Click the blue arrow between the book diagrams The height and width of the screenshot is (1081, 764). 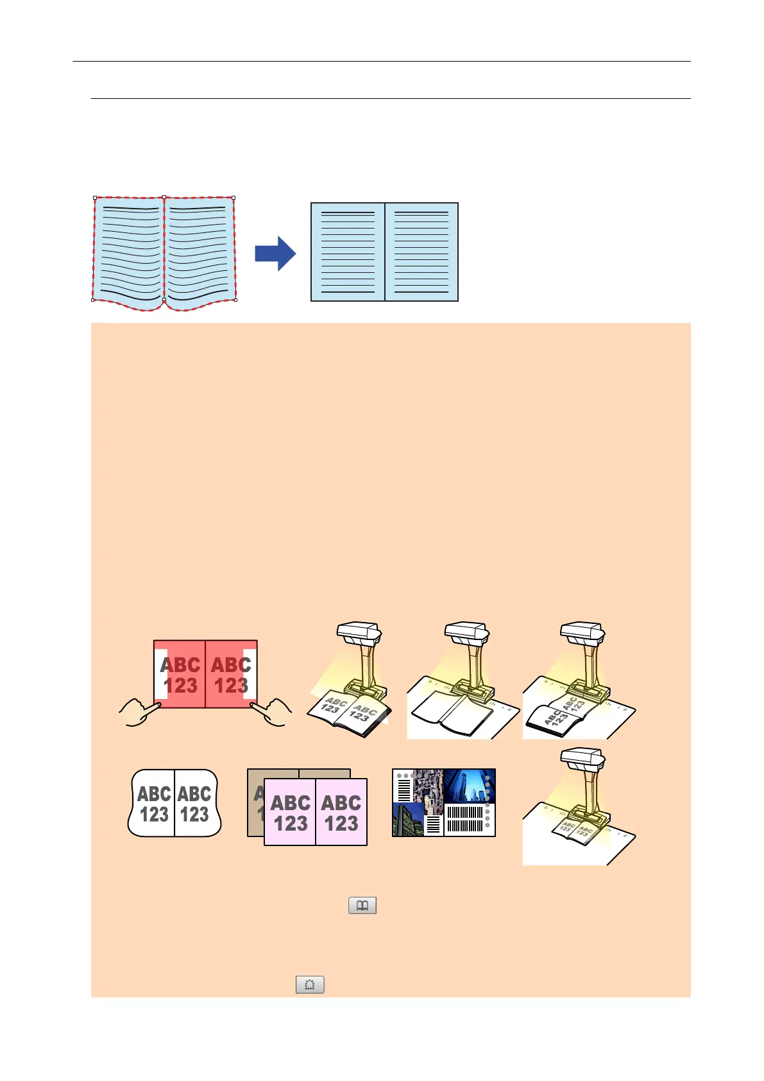[x=275, y=253]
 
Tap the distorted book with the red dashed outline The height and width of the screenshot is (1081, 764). [x=164, y=253]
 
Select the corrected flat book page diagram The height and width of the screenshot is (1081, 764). [x=384, y=252]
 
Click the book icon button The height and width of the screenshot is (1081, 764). [x=362, y=905]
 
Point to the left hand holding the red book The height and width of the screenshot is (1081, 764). [x=139, y=714]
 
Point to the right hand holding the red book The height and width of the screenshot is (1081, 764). [x=272, y=714]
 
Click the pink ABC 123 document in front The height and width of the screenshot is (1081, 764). [x=316, y=813]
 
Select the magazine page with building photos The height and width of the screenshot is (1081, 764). [x=444, y=802]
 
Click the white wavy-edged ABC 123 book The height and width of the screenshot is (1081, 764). [x=174, y=803]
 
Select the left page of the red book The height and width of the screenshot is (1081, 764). [x=180, y=675]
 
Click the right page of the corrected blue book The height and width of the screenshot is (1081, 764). [x=421, y=252]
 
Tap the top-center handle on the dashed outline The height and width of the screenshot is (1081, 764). [x=164, y=198]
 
